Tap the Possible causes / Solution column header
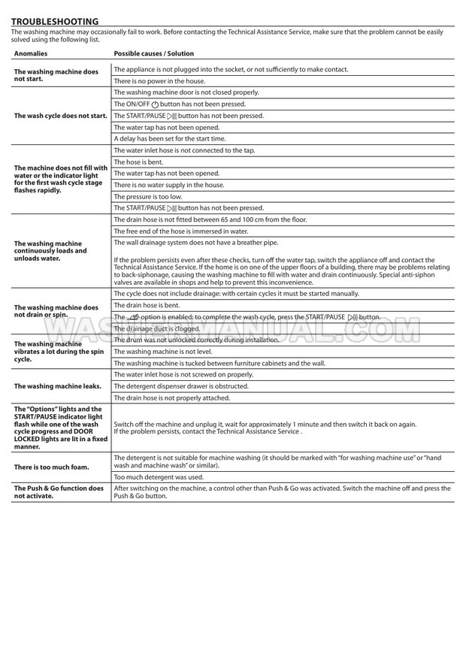(153, 54)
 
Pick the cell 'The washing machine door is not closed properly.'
(186, 92)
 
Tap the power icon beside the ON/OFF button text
(155, 104)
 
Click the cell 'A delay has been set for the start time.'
(169, 138)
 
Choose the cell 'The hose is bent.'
(138, 162)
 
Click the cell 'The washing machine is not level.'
(162, 351)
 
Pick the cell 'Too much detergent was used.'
(158, 476)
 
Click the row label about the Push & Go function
(59, 491)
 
